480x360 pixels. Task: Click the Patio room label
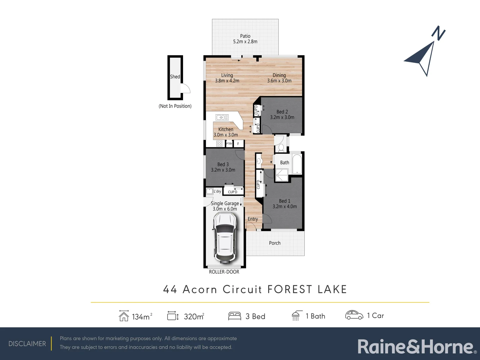[x=245, y=39]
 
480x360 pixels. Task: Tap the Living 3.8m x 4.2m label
[x=227, y=78]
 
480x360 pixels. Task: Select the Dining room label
[x=279, y=78]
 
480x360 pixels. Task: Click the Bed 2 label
[x=282, y=114]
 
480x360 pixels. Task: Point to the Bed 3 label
[x=223, y=167]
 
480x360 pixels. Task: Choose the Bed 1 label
[x=285, y=204]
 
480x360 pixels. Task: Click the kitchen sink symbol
[x=222, y=117]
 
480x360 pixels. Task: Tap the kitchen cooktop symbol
[x=219, y=144]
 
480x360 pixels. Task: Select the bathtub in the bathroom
[x=297, y=163]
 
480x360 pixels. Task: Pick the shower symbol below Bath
[x=282, y=175]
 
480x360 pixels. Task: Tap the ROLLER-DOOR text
[x=224, y=272]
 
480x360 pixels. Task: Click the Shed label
[x=175, y=77]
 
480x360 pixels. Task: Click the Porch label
[x=275, y=243]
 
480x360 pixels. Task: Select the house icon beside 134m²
[x=124, y=316]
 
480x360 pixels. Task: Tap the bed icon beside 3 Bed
[x=234, y=316]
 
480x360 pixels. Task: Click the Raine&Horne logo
[x=417, y=347]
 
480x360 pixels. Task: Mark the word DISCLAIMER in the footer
[x=27, y=344]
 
